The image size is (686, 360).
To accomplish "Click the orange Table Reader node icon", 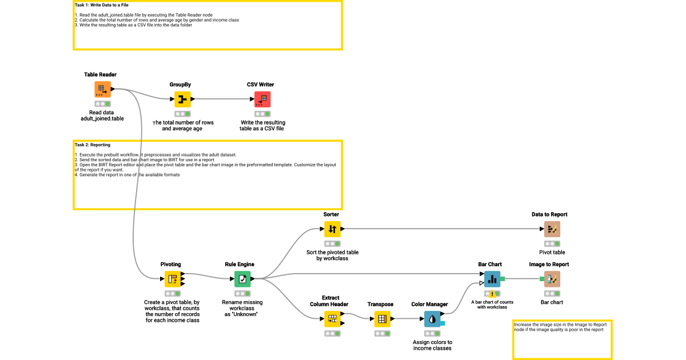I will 102,89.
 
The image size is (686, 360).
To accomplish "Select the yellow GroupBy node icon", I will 182,99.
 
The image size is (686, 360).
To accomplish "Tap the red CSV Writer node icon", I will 262,99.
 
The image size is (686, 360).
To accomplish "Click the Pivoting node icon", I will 173,279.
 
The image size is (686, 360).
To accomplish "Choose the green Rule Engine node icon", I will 242,279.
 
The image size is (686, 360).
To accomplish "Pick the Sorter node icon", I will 332,229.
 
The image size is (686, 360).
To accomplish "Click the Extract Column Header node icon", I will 332,319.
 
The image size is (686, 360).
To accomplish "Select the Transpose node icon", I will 382,319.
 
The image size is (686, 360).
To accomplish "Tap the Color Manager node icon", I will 432,319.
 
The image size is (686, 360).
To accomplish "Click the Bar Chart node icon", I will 492,279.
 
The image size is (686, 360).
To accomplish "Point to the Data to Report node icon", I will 552,229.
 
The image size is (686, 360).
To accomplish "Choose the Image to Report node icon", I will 552,279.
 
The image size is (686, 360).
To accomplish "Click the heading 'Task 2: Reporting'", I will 93,145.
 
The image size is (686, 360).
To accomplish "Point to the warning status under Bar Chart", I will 492,294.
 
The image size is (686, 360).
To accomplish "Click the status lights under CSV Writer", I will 262,114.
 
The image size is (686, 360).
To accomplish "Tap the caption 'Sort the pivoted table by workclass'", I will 332,255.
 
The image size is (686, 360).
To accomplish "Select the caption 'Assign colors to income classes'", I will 432,345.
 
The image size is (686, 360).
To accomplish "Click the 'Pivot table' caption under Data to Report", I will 552,252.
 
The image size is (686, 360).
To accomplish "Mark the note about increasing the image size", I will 560,327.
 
